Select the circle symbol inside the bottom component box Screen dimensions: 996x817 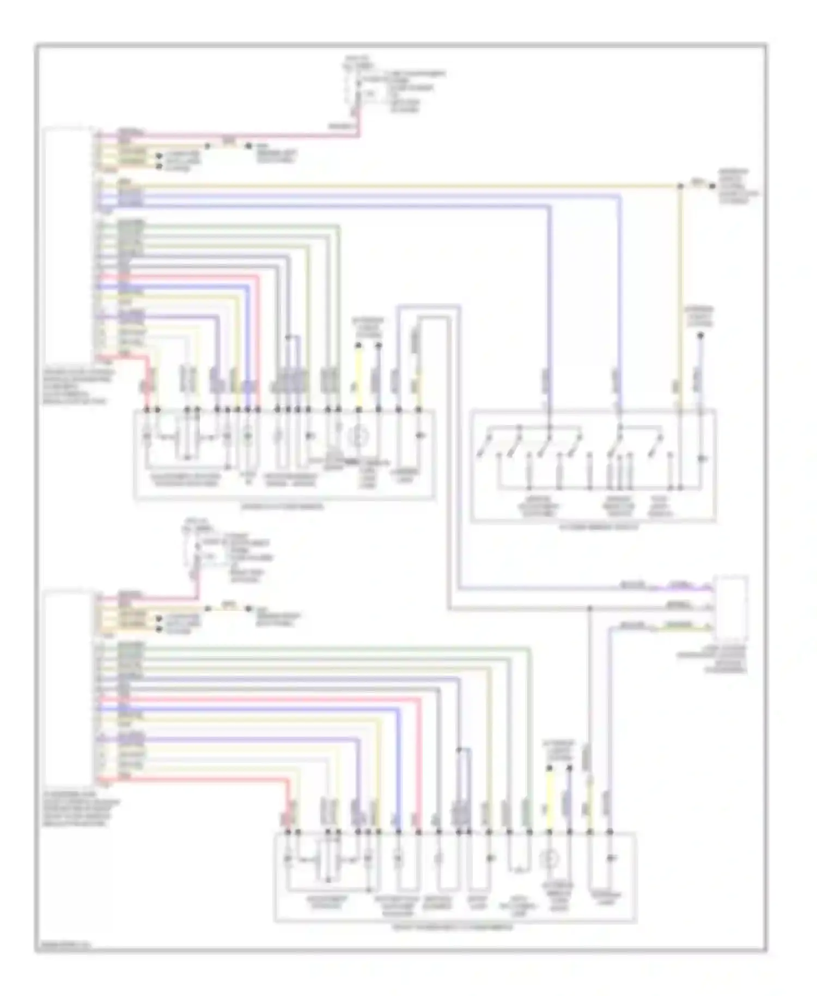pos(550,860)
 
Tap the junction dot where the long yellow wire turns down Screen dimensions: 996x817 pos(680,186)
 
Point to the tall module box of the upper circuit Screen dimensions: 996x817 pos(69,243)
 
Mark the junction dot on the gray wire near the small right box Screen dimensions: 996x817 pos(590,608)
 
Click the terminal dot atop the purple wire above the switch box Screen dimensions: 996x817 pos(700,337)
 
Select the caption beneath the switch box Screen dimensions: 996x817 pos(593,527)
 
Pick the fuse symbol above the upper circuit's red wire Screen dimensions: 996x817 pos(355,90)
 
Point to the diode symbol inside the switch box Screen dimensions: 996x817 pos(701,458)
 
